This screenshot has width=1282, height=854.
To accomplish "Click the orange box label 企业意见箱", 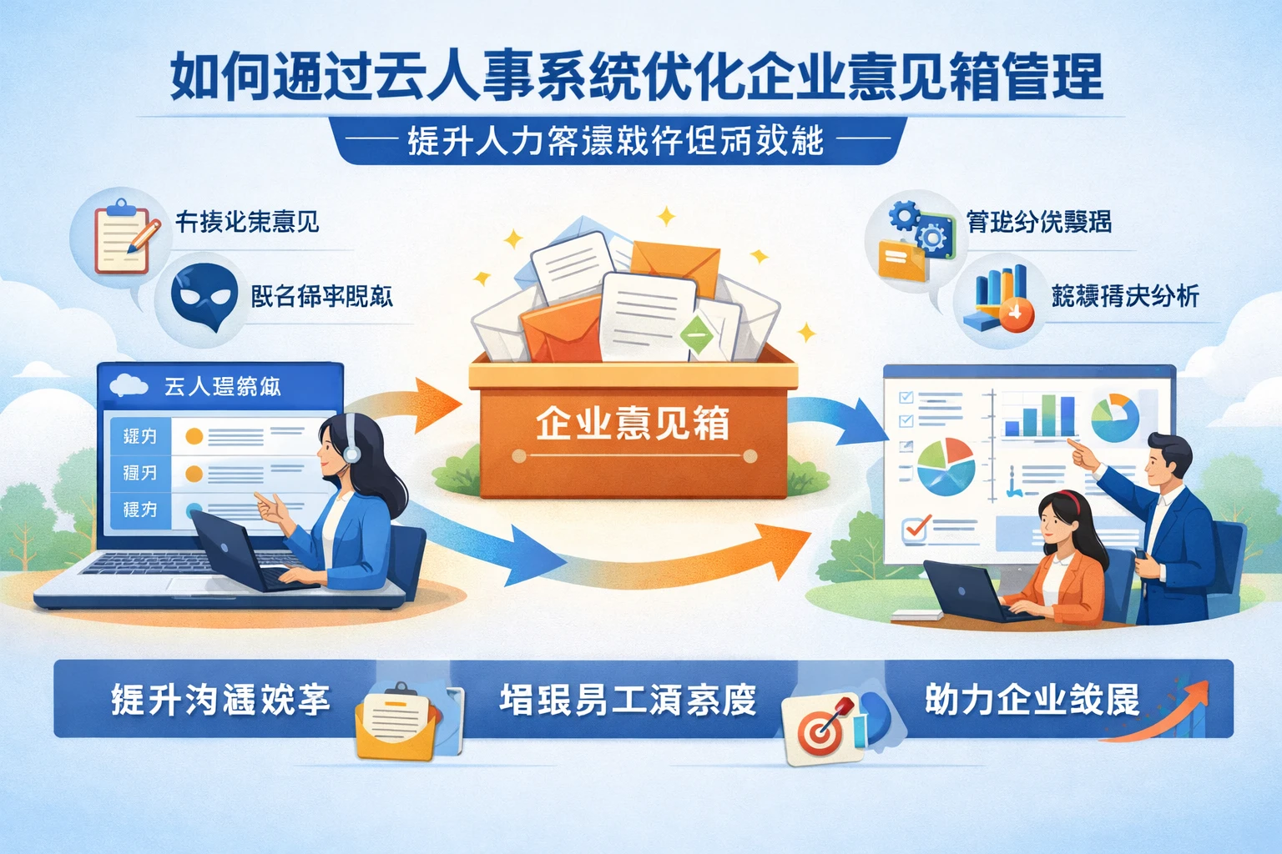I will (632, 424).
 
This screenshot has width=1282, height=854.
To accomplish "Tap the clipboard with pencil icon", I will (124, 238).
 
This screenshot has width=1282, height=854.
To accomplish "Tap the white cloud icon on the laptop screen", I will (129, 384).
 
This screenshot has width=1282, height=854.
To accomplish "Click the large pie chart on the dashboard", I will (946, 465).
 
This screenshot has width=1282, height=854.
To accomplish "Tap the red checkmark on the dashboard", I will (916, 528).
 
